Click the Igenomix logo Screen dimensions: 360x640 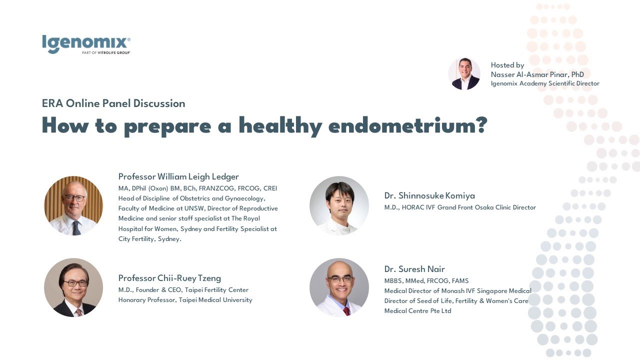86,43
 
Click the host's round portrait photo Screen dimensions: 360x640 464,74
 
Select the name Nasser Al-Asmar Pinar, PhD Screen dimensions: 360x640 537,74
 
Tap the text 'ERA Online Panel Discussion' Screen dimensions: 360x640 113,103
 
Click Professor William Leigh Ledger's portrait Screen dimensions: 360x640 73,205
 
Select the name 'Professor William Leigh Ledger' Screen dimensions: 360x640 178,176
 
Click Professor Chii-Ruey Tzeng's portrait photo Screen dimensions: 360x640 73,287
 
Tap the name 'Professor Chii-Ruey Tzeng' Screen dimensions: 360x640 169,278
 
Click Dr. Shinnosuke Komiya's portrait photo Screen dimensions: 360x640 339,205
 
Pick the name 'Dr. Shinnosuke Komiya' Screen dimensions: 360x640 429,195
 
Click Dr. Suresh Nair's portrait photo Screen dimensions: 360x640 339,287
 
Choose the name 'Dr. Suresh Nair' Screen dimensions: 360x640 414,269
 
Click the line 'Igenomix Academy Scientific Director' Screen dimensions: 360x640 545,83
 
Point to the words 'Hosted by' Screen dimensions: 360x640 507,65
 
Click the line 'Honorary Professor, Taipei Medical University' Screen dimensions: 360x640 185,300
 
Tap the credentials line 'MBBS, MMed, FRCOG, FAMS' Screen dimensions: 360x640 426,281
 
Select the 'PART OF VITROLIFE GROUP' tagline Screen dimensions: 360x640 106,52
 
